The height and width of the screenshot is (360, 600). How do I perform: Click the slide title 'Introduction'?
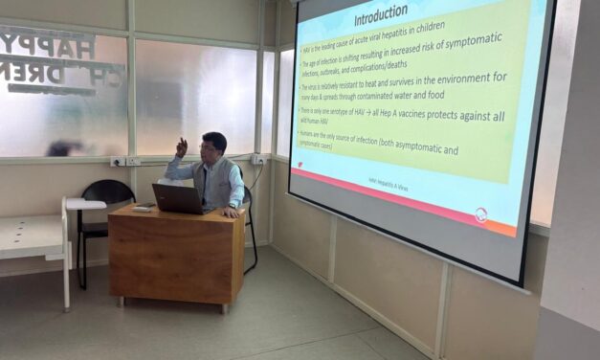[x=381, y=19]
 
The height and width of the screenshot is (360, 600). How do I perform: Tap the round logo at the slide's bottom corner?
[x=481, y=214]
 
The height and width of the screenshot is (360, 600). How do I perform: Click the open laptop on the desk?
[x=178, y=198]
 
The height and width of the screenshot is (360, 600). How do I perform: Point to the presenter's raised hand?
[x=180, y=146]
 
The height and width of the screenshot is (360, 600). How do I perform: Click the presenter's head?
[x=214, y=146]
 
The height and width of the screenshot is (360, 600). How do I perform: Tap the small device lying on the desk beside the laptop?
[x=142, y=207]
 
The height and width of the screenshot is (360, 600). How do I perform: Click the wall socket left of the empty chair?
[x=118, y=162]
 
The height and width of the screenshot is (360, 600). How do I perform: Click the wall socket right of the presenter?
[x=258, y=160]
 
